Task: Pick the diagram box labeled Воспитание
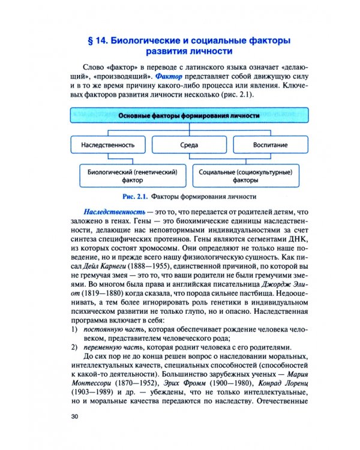tap(269, 145)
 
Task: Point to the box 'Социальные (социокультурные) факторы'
tap(247, 175)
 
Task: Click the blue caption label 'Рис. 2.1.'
tap(135, 196)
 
